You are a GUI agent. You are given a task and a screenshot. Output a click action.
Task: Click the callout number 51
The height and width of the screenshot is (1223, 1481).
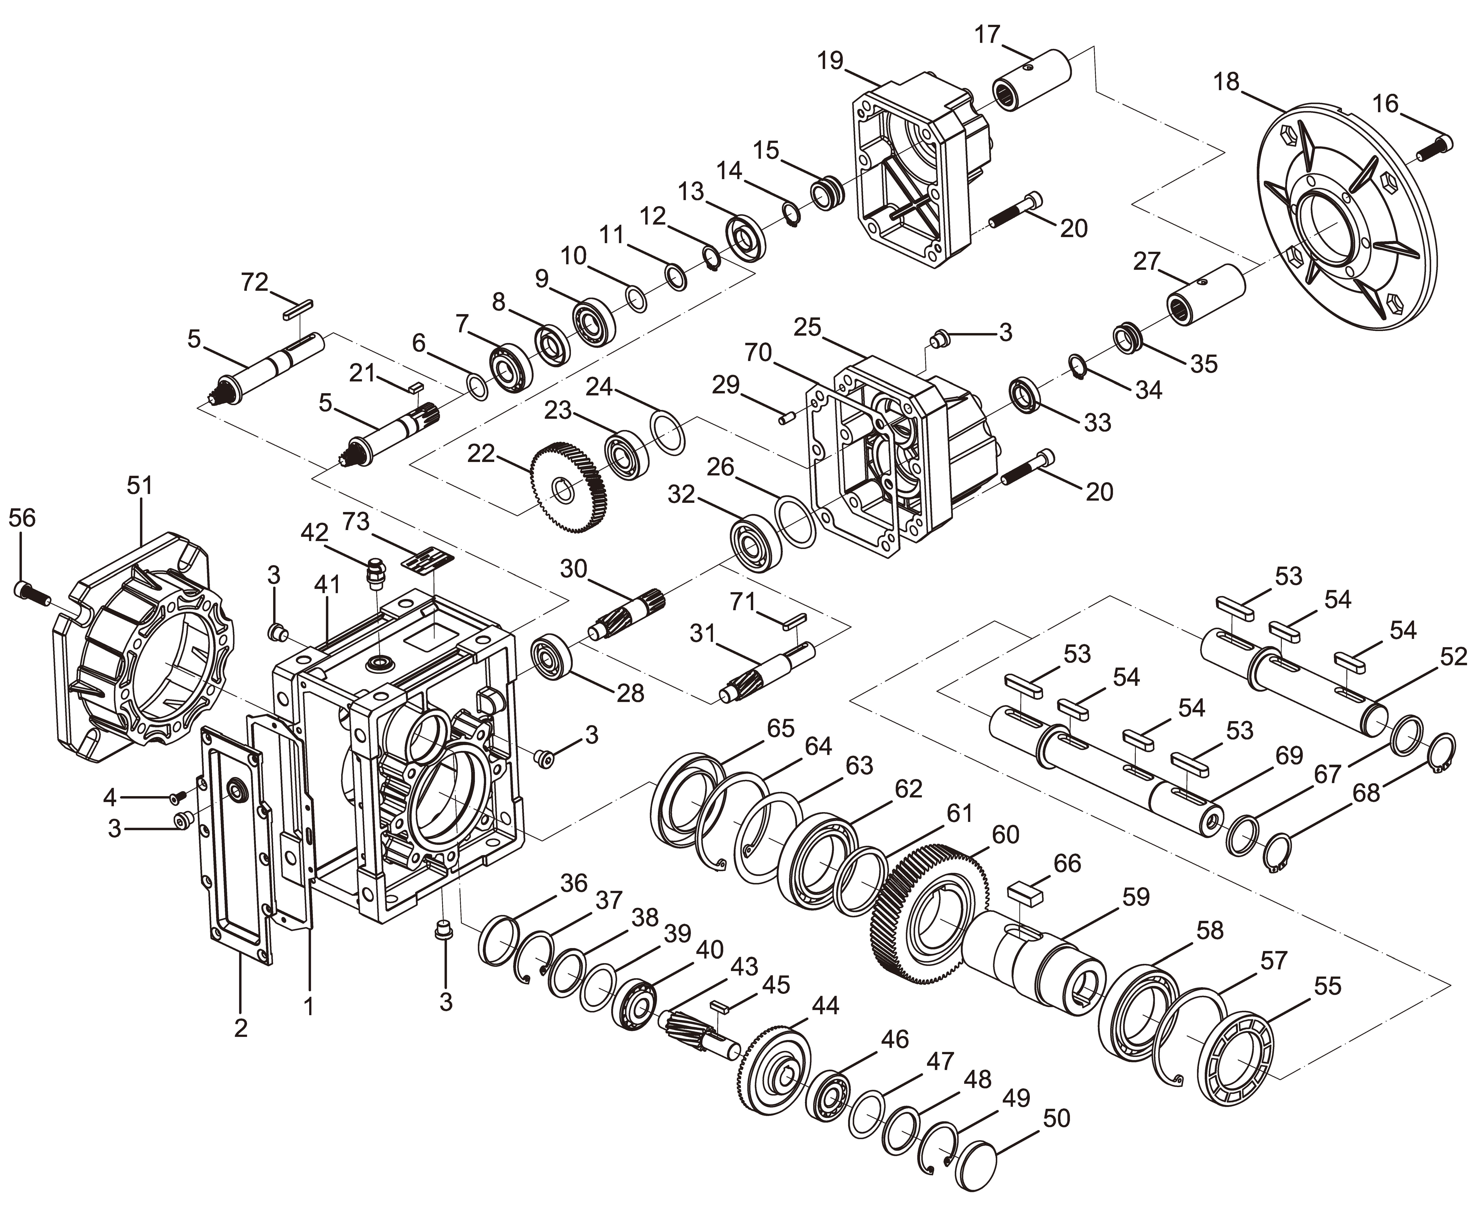click(139, 486)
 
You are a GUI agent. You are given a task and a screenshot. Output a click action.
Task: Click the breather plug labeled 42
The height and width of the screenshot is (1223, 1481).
click(378, 572)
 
